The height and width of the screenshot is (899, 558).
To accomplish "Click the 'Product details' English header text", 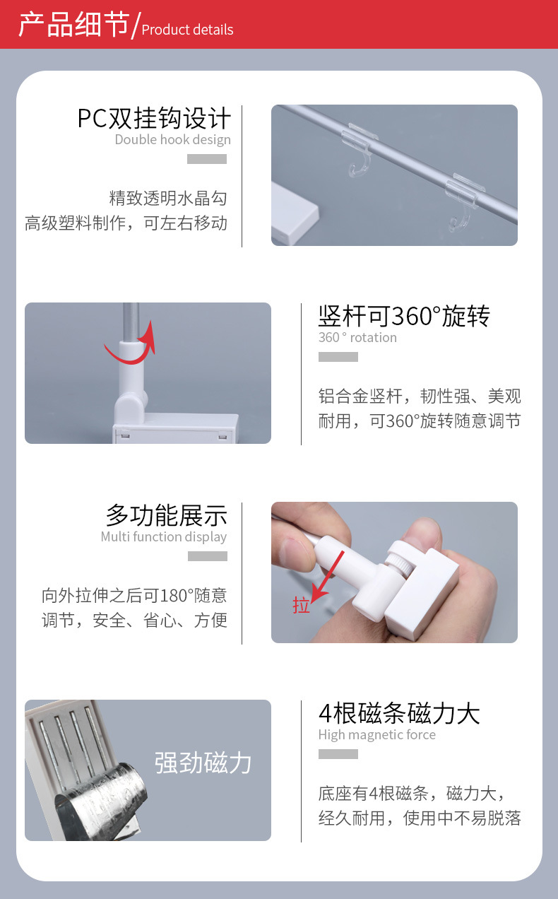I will pos(187,30).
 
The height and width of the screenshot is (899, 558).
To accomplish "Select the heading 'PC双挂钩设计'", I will pos(154,118).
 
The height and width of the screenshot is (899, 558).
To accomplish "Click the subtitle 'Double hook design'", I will pos(172,139).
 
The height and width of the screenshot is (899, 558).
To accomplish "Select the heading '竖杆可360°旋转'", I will pos(404,316).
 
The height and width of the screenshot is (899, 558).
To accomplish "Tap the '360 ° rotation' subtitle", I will pos(357,337).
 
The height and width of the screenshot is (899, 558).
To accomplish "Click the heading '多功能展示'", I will pos(166,515).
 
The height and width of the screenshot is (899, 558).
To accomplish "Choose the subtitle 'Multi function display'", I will pos(163,536).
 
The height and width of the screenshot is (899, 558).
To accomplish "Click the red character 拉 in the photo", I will pos(302,606).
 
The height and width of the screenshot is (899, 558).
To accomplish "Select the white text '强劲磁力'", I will pos(203,763).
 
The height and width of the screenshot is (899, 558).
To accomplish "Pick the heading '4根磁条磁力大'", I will pos(399,713).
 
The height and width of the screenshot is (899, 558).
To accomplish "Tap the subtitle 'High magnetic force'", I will pos(376,734).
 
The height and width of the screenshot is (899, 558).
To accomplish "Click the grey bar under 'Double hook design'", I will pos(206,159).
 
